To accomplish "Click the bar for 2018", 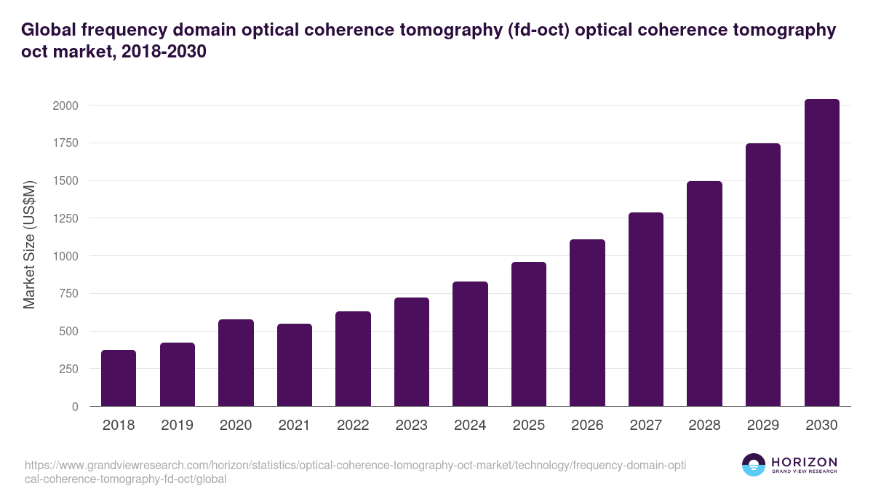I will pos(119,378).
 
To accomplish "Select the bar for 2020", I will pos(236,363).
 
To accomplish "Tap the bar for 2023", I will pos(412,352).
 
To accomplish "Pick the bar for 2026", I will pos(587,323).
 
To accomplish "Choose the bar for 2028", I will pos(704,294).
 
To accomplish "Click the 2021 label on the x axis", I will pos(294,425).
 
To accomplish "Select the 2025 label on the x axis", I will pos(528,425).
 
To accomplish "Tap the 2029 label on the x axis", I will pos(762,425).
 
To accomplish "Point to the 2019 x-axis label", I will pos(177,425).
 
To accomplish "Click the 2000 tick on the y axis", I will pos(65,105).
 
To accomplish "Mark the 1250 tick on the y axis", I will pos(65,218).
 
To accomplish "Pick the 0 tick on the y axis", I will pos(75,407).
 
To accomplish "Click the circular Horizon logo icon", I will pos(754,465).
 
